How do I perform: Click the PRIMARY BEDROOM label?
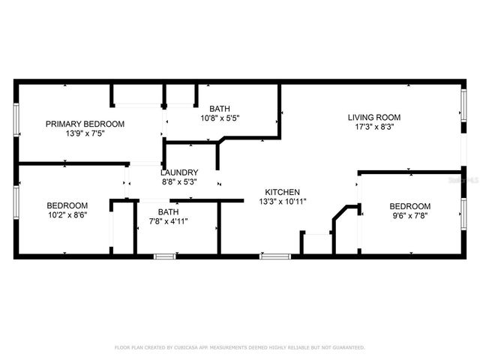pos(85,124)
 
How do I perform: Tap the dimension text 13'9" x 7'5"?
pos(85,133)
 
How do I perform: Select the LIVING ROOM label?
pos(373,117)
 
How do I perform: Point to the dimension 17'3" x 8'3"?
pos(373,127)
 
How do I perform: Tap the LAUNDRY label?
pos(179,172)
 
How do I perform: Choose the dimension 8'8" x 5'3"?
pos(179,181)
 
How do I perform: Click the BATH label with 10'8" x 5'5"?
pos(220,108)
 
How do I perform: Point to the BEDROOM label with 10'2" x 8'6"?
pos(67,205)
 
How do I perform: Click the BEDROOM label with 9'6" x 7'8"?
pos(409,206)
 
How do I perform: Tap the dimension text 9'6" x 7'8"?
pos(409,216)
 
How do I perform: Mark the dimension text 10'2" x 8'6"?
pos(67,215)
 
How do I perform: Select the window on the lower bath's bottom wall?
pos(164,256)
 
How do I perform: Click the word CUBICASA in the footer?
pos(192,348)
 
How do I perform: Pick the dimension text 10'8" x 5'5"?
pos(220,118)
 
